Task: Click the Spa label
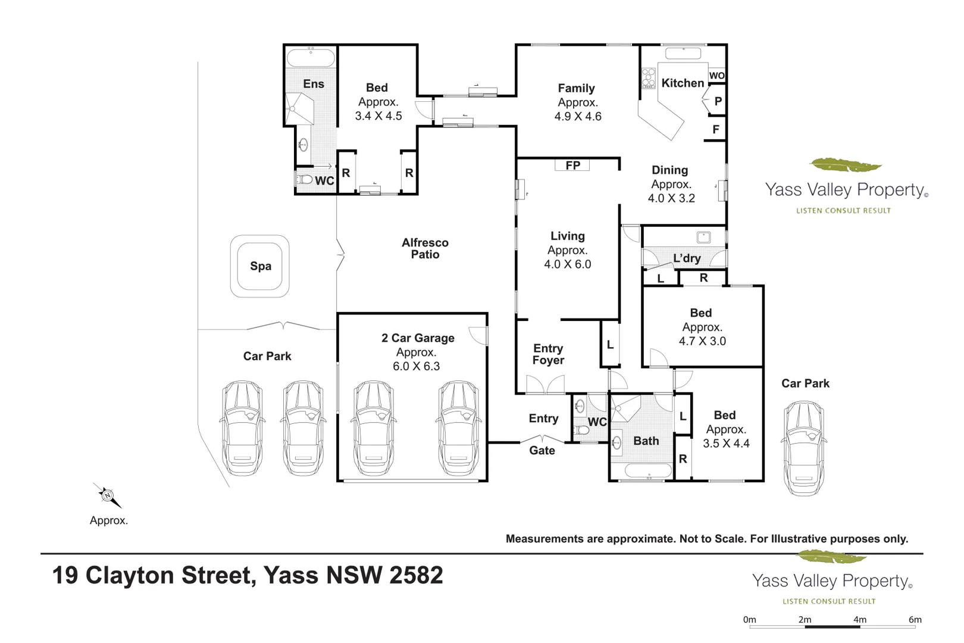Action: [x=261, y=266]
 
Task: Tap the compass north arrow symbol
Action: [x=107, y=495]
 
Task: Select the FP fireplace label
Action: [x=572, y=166]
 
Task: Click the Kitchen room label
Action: [x=683, y=83]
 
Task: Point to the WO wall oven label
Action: [x=716, y=76]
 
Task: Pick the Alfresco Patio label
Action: [x=425, y=248]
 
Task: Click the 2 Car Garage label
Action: [x=418, y=338]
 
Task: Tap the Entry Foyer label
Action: [x=548, y=354]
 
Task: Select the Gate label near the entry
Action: [x=542, y=451]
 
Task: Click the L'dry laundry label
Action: [x=687, y=258]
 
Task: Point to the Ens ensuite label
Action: [x=314, y=84]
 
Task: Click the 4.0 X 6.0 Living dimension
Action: [x=568, y=264]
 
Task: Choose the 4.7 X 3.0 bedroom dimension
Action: [x=702, y=341]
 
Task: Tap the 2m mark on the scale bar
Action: [x=805, y=620]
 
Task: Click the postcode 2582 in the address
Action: [x=416, y=575]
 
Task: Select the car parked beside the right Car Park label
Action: [x=803, y=448]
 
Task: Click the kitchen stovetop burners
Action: [x=648, y=78]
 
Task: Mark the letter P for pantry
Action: [x=718, y=101]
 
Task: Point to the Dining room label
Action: [x=669, y=170]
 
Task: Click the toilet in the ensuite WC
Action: [x=305, y=179]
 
